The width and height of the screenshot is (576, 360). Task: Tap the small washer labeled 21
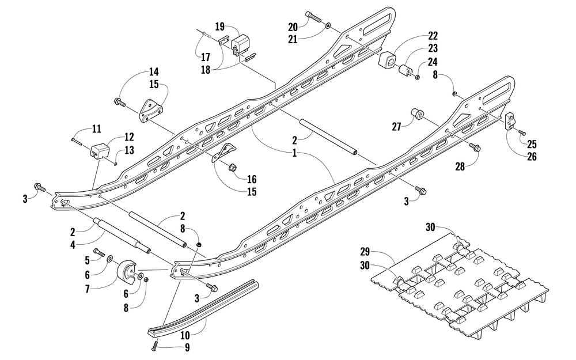(x=328, y=26)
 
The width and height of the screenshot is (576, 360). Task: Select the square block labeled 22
(x=387, y=60)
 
